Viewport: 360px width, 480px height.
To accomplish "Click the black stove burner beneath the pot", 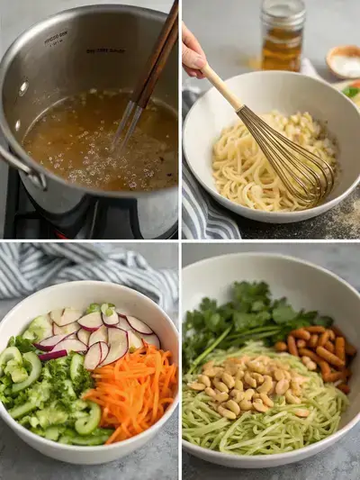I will [27, 221].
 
